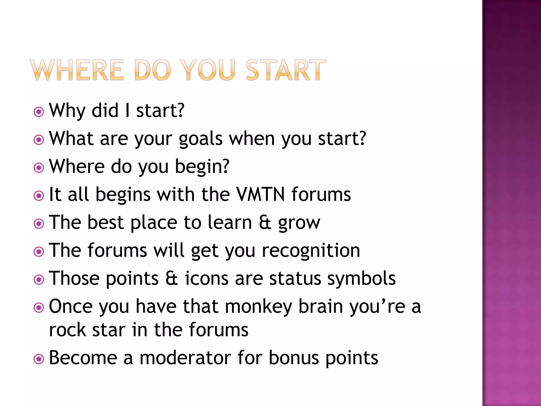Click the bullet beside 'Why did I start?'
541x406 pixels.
[39, 112]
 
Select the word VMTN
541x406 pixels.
[260, 194]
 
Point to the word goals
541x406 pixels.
[200, 139]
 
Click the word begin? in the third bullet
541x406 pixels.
[202, 167]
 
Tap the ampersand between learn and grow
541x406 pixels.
[265, 222]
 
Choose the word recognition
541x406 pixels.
[311, 251]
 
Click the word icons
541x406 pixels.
[207, 278]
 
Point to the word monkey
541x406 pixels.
[259, 307]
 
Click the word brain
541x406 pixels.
[320, 306]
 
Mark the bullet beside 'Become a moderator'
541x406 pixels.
[39, 359]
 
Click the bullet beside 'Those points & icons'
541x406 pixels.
[39, 280]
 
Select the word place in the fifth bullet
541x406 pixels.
[154, 223]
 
